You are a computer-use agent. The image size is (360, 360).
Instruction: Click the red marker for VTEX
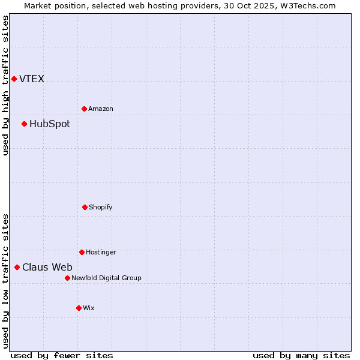point(14,79)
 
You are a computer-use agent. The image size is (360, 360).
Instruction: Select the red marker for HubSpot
point(24,124)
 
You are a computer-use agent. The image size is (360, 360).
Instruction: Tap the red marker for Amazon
point(84,109)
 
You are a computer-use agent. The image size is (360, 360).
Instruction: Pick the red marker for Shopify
point(85,207)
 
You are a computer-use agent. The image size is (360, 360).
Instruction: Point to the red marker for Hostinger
point(82,252)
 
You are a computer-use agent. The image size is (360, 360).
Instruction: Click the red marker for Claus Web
point(17,267)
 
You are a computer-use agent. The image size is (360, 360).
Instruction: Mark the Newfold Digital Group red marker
point(67,278)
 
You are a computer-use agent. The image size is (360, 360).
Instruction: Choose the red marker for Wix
point(79,308)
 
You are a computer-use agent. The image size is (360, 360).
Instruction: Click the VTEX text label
point(32,79)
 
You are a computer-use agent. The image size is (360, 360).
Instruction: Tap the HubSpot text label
point(50,124)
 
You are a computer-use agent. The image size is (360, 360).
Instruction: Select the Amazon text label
point(101,109)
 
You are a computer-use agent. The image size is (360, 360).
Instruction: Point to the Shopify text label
point(101,207)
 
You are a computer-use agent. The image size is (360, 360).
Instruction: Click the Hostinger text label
point(101,252)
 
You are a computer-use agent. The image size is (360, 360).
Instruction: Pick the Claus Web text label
point(47,268)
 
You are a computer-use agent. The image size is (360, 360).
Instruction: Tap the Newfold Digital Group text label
point(106,278)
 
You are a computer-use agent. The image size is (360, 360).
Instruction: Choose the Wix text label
point(89,308)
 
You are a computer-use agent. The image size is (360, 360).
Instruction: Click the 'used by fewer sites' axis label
point(62,355)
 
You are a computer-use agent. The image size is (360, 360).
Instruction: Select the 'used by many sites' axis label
point(301,355)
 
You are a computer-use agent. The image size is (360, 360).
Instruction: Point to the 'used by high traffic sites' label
point(5,85)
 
